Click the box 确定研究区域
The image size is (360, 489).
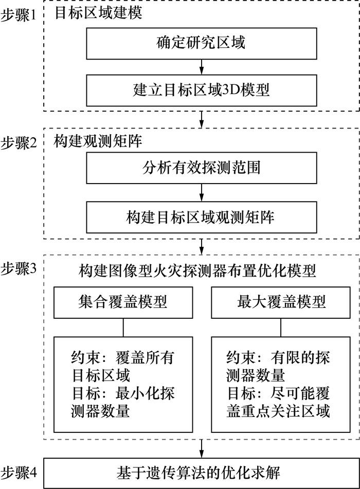coord(201,43)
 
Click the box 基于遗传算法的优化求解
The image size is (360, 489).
coord(201,471)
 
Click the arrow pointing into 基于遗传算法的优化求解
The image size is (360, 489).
coord(201,448)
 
